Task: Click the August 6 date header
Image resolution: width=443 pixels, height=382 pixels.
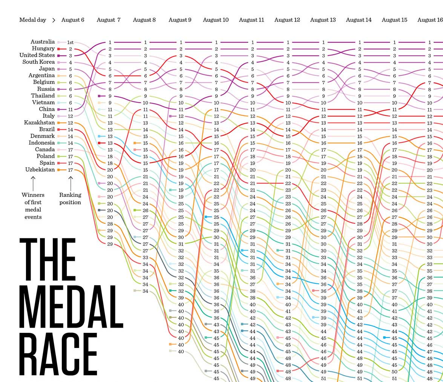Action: point(73,20)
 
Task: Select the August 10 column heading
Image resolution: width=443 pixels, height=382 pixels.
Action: point(216,20)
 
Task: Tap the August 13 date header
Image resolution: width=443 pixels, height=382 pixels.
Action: point(323,20)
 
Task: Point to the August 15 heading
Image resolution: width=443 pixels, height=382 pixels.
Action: point(394,20)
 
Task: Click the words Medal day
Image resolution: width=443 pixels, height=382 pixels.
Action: point(32,20)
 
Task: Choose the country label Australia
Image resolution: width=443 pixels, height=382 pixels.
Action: point(43,42)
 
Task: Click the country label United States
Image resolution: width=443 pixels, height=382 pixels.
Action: point(37,56)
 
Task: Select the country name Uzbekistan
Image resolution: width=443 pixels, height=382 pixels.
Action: point(40,170)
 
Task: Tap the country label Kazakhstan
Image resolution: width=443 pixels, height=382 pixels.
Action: point(39,123)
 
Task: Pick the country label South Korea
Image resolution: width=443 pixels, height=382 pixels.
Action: point(38,62)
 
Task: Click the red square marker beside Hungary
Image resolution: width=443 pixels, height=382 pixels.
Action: point(59,49)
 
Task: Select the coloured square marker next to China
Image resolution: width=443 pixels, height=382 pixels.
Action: point(59,110)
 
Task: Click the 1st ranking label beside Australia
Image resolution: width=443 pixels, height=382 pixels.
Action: point(71,42)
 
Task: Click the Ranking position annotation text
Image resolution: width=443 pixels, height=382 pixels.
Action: point(70,199)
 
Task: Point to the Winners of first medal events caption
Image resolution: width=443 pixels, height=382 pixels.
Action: point(33,206)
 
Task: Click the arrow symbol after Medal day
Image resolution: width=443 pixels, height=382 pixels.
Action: point(54,20)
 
